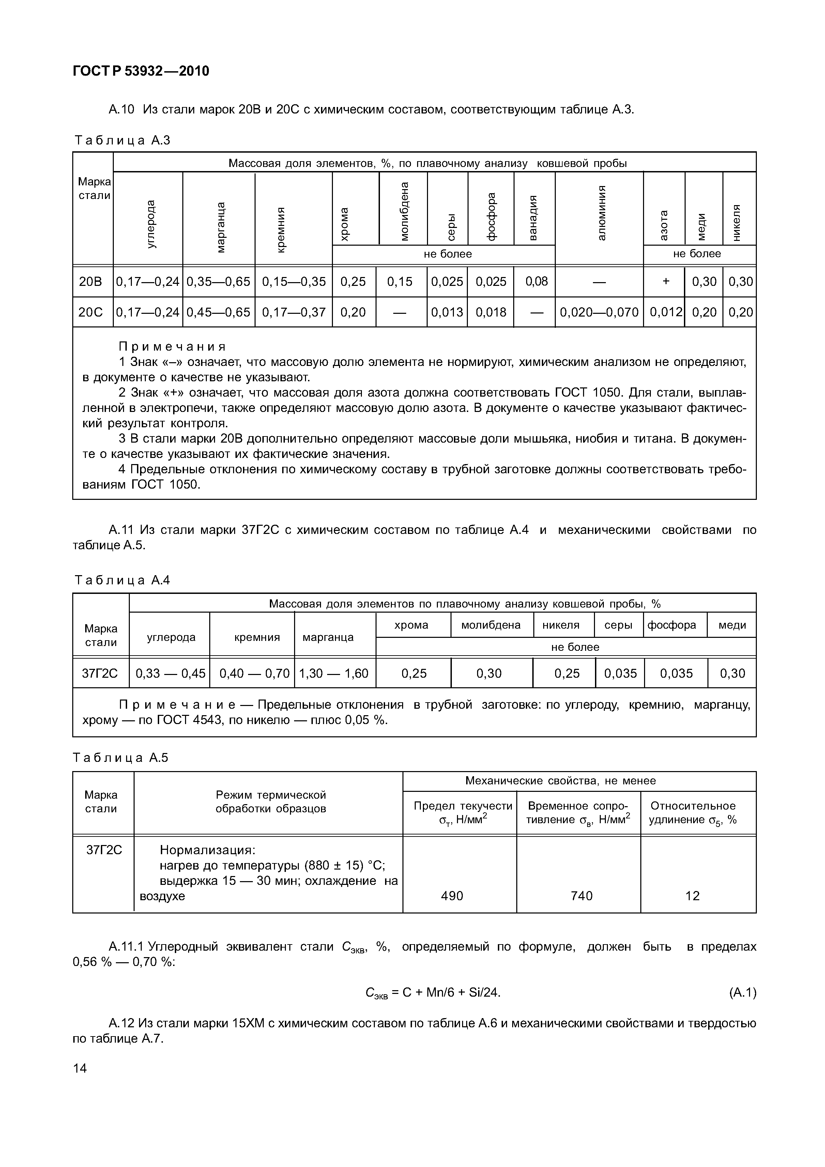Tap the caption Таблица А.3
(122, 140)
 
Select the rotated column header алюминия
(601, 213)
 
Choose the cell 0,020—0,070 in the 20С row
(599, 312)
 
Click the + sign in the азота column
(666, 281)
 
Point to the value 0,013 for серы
(447, 312)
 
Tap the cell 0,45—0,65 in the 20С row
(218, 312)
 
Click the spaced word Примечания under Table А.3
(172, 347)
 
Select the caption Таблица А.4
(122, 581)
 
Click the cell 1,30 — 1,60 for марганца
(334, 674)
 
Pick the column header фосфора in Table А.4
(672, 625)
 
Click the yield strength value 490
(452, 895)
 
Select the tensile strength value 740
(581, 895)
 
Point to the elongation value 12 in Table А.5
(692, 895)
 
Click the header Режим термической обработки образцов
(271, 801)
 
